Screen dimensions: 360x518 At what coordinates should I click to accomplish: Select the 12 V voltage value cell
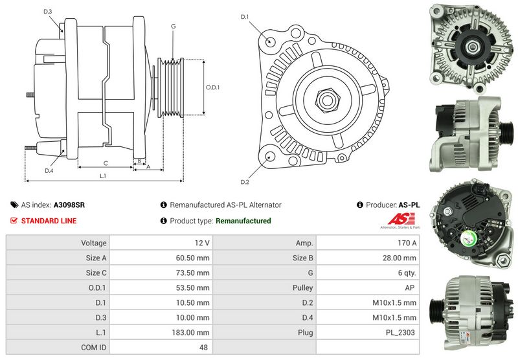coord(202,243)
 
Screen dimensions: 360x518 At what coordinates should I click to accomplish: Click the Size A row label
coord(95,258)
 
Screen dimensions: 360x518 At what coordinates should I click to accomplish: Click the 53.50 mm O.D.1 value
coord(196,287)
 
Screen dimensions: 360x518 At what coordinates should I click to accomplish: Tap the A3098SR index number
coord(69,205)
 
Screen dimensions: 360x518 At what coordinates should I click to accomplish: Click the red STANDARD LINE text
coord(49,221)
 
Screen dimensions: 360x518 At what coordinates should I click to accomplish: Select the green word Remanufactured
coord(243,221)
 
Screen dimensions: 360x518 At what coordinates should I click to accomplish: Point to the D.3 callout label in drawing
coord(48,12)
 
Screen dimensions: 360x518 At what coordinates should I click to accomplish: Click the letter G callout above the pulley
coord(173,26)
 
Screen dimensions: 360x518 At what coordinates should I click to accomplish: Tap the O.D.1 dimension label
coord(212,87)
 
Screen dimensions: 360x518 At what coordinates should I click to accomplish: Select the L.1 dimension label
coord(103,175)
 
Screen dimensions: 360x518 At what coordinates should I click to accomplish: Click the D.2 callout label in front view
coord(244,181)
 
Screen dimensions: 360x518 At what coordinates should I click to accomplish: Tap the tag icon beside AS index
coord(14,205)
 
